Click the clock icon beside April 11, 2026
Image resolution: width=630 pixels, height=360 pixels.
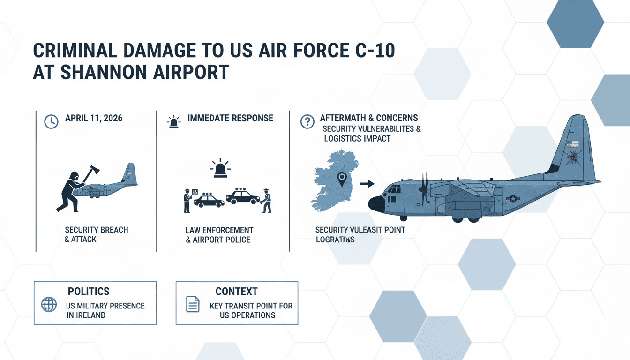tap(50, 121)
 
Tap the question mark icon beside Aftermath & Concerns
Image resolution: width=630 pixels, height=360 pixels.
tap(307, 122)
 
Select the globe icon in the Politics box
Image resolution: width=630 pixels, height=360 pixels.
tap(49, 305)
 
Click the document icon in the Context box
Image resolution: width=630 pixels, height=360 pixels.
tap(193, 305)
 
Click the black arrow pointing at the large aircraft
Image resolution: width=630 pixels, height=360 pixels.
tap(367, 183)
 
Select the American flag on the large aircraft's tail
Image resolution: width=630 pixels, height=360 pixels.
tap(572, 144)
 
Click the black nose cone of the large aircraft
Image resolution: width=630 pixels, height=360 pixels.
tap(375, 204)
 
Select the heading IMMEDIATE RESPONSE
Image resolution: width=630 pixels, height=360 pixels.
tap(230, 118)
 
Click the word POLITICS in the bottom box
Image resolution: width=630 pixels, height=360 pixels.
tap(89, 292)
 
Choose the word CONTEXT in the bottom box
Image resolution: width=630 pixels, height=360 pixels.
tap(236, 292)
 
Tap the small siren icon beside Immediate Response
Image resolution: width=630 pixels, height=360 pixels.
tap(174, 122)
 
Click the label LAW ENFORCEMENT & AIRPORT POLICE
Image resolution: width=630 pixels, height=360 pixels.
tap(219, 235)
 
